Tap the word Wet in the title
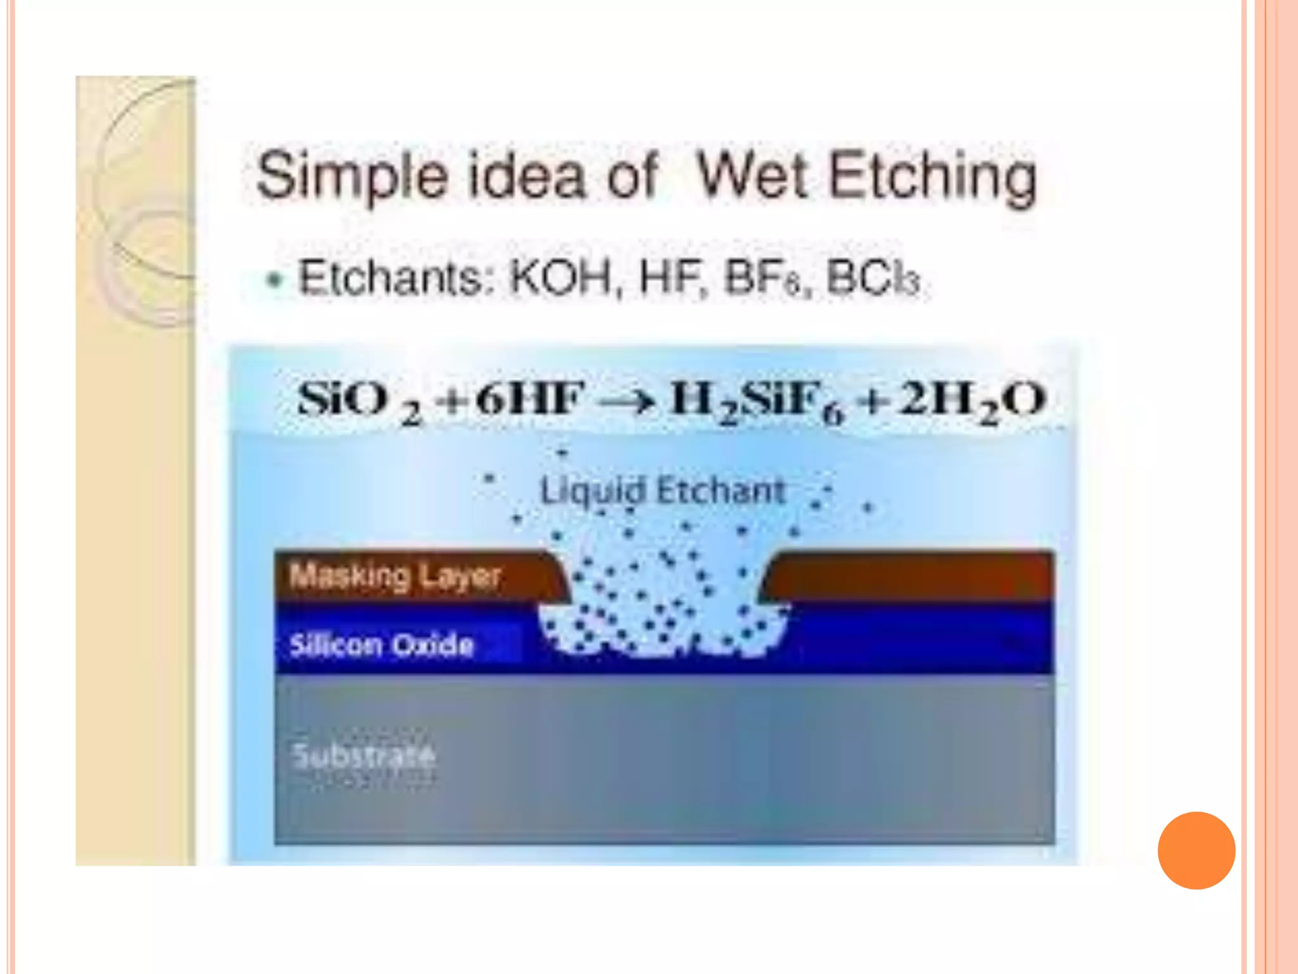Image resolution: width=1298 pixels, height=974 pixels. pos(752,175)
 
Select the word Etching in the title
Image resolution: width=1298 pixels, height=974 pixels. pos(932,178)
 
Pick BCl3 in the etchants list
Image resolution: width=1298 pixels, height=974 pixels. pos(873,279)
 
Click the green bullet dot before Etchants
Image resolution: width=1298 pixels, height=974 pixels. pos(274,280)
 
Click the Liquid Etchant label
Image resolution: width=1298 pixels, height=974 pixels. pos(662,491)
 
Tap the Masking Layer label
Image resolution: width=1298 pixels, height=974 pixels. pos(395,576)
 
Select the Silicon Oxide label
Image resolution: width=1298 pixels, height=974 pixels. pos(382,645)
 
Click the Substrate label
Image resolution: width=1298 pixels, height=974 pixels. pos(364,755)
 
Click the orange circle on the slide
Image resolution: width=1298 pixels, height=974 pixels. pos(1196,850)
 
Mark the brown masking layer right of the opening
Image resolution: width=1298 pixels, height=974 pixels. pos(913,576)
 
